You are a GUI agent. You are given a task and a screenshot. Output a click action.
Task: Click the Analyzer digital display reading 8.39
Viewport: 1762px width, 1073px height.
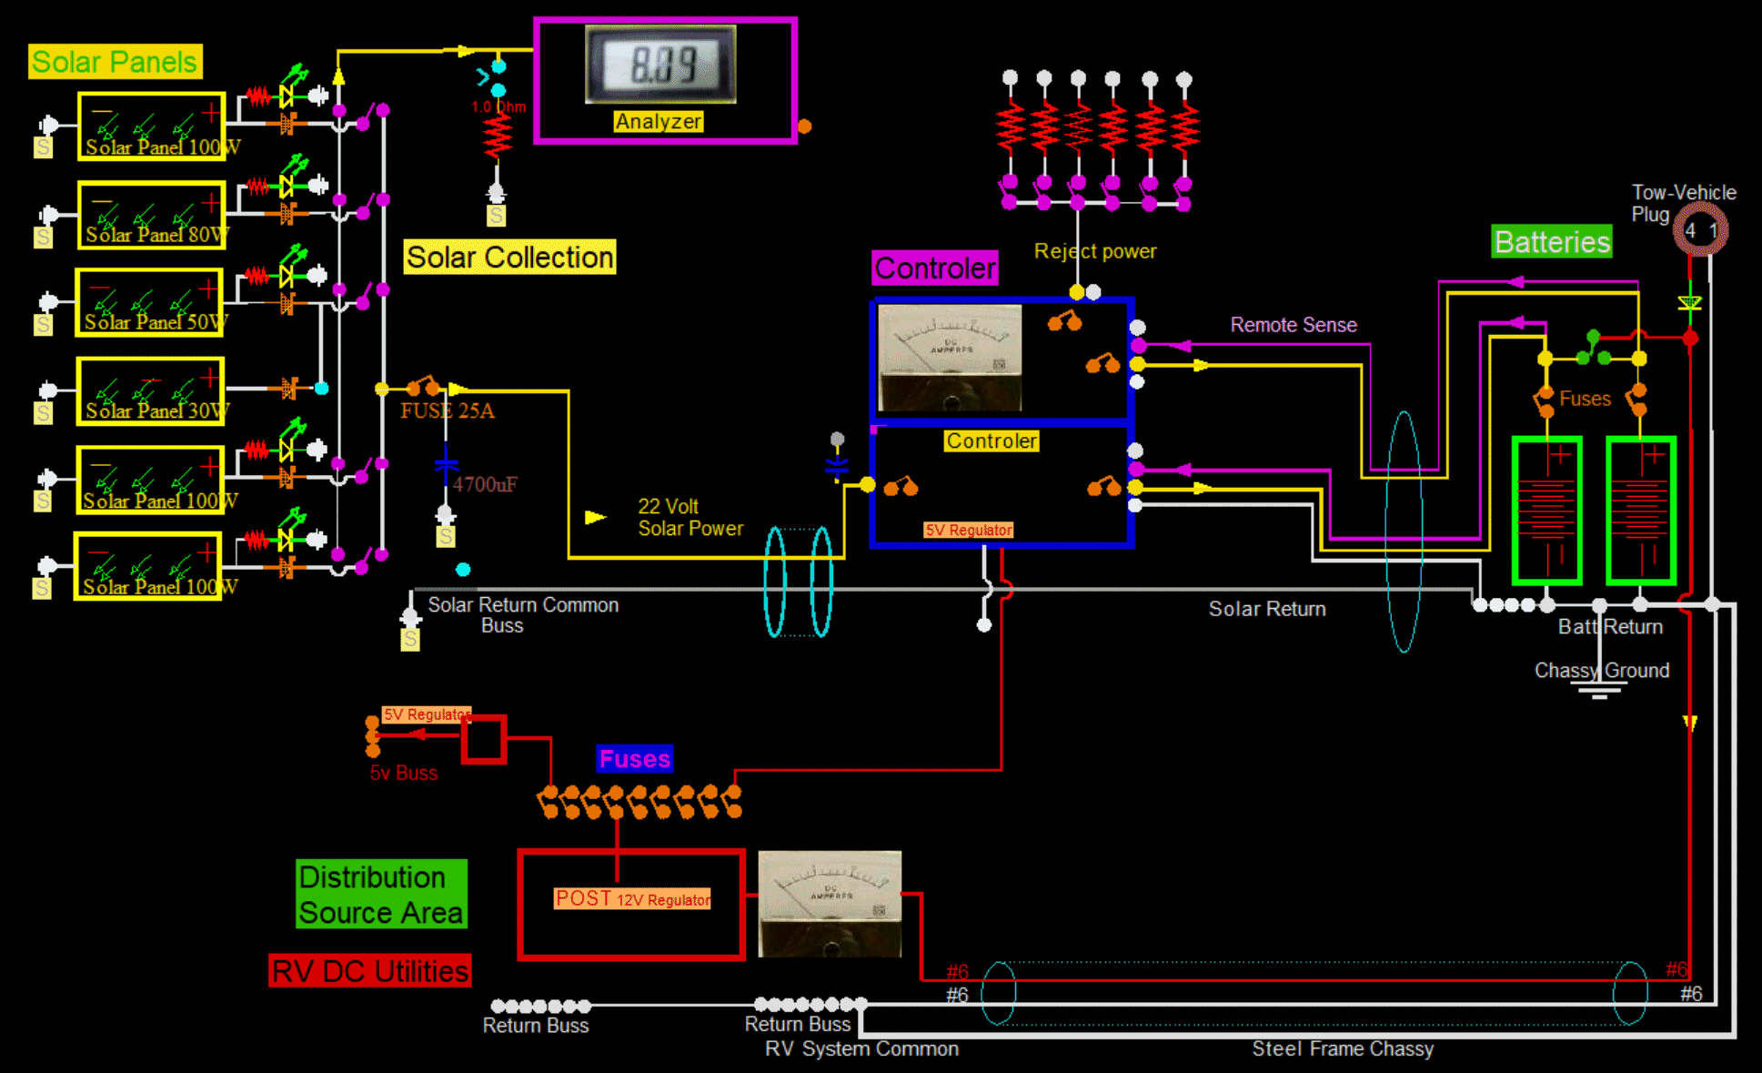(x=661, y=64)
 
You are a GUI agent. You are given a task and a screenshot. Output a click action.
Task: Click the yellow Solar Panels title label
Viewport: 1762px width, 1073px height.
(x=115, y=62)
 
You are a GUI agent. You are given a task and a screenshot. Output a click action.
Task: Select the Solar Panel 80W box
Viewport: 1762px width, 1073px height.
(x=151, y=215)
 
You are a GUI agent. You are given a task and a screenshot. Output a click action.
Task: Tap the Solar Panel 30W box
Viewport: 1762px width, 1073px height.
(x=151, y=391)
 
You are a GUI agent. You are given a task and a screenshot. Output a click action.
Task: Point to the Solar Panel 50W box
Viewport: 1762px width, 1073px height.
(x=150, y=303)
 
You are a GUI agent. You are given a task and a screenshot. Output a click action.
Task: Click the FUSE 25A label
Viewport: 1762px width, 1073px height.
(x=448, y=410)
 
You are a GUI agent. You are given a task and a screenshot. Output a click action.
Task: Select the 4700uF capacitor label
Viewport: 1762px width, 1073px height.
(x=485, y=484)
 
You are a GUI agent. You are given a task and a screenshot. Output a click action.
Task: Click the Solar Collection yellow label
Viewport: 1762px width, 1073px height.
(x=509, y=258)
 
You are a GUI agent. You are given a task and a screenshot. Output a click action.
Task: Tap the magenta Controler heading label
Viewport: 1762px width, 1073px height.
(x=935, y=268)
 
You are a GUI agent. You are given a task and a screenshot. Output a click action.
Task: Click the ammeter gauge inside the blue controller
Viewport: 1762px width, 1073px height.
(x=950, y=358)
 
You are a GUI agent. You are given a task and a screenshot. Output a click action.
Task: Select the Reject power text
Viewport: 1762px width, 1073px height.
(x=1095, y=251)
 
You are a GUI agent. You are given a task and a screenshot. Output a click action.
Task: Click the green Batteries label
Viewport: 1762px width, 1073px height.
(x=1552, y=242)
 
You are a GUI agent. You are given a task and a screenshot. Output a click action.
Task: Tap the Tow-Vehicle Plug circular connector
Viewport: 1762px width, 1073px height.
(x=1700, y=229)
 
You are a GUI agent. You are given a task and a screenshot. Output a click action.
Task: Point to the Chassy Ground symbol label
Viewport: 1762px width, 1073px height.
(x=1601, y=671)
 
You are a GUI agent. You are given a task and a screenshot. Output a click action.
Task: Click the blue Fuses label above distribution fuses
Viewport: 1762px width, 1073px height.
(x=635, y=759)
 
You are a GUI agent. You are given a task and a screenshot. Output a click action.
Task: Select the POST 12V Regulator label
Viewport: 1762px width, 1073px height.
(x=632, y=899)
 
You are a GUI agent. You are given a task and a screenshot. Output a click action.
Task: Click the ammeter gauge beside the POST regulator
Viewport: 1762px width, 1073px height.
(x=830, y=903)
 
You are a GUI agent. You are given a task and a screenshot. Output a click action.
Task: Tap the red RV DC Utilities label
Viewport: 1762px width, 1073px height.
(x=370, y=971)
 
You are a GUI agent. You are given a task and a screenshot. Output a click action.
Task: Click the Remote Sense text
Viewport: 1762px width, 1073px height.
(x=1293, y=325)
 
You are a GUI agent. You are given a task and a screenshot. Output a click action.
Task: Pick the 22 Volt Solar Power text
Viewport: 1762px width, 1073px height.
(x=690, y=517)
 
